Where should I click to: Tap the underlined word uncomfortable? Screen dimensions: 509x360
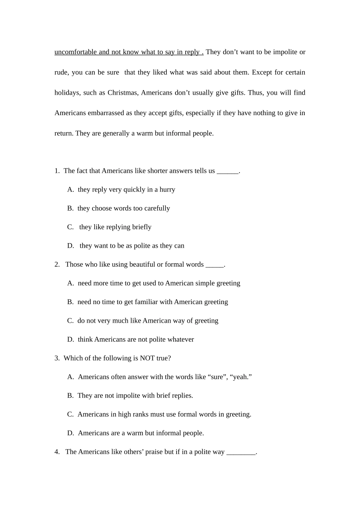pyautogui.click(x=75, y=52)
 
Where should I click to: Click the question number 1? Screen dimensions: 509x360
pyautogui.click(x=57, y=171)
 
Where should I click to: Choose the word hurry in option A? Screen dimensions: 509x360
pyautogui.click(x=167, y=189)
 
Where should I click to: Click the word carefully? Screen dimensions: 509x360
pyautogui.click(x=157, y=208)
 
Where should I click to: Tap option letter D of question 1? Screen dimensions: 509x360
pyautogui.click(x=70, y=246)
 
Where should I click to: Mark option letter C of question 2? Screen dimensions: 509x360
pyautogui.click(x=70, y=321)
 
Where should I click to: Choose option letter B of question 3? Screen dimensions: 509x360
pyautogui.click(x=70, y=395)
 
